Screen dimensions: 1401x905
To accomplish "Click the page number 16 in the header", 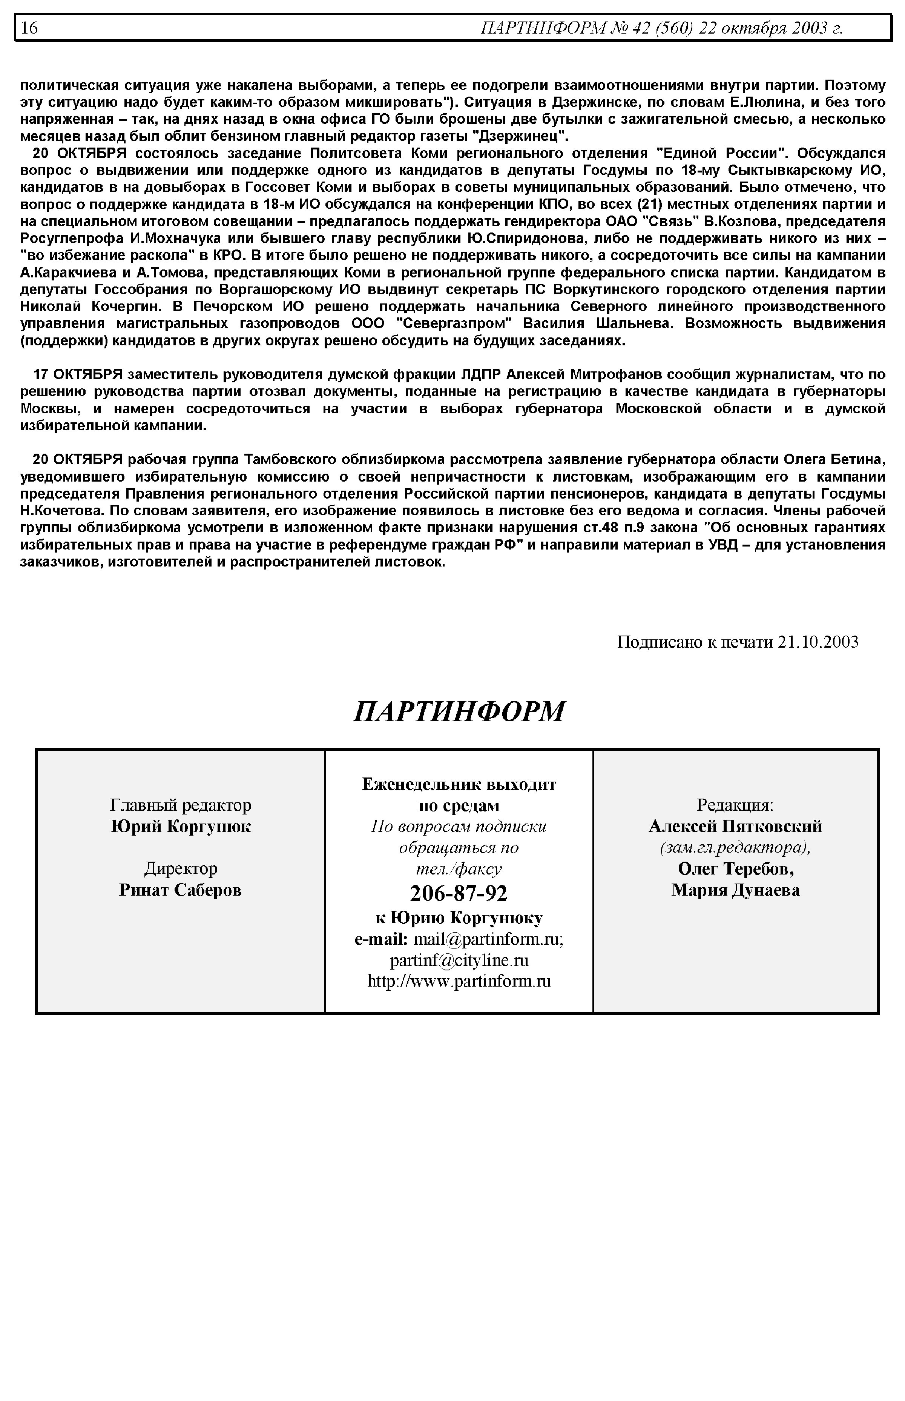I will point(29,28).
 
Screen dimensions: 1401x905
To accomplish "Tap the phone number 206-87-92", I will point(459,893).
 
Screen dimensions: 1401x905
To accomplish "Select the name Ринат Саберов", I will point(180,890).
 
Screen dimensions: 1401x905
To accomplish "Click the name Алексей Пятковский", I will point(735,826).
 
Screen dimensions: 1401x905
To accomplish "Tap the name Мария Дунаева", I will point(735,890).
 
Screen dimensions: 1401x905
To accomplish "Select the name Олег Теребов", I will point(735,869).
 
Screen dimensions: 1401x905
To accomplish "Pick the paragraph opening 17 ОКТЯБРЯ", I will point(452,400).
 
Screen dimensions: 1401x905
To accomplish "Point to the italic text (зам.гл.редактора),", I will point(735,848).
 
